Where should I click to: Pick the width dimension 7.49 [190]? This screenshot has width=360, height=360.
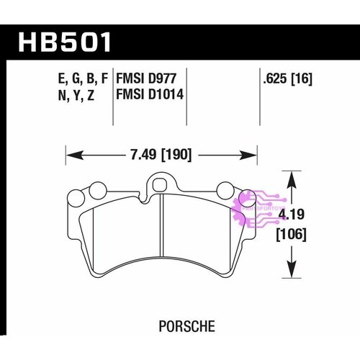pyautogui.click(x=161, y=153)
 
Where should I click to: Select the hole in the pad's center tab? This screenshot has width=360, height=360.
pyautogui.click(x=162, y=183)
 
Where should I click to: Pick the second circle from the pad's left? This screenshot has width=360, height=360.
pyautogui.click(x=95, y=191)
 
